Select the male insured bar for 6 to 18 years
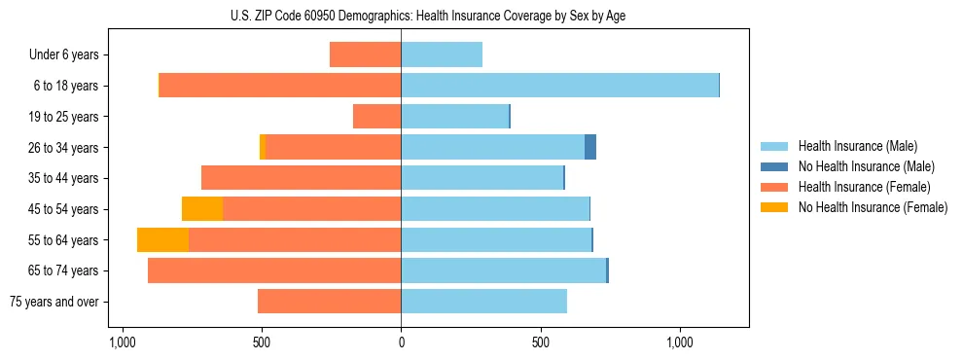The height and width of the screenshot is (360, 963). click(x=559, y=86)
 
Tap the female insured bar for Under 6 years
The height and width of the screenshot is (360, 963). click(x=365, y=54)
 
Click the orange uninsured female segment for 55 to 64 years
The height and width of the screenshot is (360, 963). click(x=162, y=240)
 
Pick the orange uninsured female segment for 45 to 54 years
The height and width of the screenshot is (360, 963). click(x=202, y=209)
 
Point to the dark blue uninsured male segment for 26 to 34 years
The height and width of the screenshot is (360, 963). click(x=590, y=147)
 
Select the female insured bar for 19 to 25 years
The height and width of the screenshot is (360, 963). click(x=376, y=117)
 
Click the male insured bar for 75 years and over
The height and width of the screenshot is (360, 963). click(x=483, y=302)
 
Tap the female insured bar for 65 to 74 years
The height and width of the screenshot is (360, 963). click(x=274, y=270)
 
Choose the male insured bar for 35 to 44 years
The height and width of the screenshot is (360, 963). click(x=481, y=178)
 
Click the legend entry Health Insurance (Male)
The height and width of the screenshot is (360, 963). click(x=856, y=146)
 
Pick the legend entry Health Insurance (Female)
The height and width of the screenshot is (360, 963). click(x=864, y=187)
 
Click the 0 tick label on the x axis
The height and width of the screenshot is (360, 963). click(x=401, y=342)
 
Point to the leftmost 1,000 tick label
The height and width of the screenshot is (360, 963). click(x=122, y=342)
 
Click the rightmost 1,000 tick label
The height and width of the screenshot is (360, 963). click(x=679, y=342)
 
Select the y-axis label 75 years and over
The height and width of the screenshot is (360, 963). click(x=54, y=302)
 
